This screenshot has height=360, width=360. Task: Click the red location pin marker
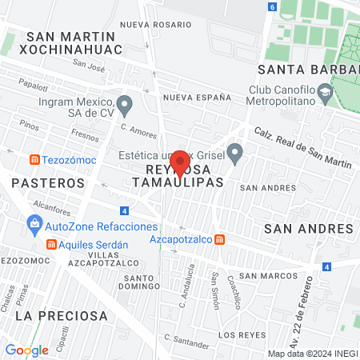180,162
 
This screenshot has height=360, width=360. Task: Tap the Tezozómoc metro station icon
34,159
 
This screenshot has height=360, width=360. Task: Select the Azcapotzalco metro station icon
220,239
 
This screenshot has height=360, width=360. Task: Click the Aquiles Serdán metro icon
51,244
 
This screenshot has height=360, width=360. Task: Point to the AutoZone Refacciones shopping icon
35,226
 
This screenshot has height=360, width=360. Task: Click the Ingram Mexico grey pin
124,104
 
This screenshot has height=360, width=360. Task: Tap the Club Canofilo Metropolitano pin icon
324,94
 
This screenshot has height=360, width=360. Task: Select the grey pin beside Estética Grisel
234,151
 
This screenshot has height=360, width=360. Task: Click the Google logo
27,350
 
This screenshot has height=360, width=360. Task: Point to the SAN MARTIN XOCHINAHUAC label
74,42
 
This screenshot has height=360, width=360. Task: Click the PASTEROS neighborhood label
48,183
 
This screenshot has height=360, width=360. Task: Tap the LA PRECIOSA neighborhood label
62,316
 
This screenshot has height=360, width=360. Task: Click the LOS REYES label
241,334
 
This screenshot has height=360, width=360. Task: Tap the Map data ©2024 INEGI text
311,353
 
